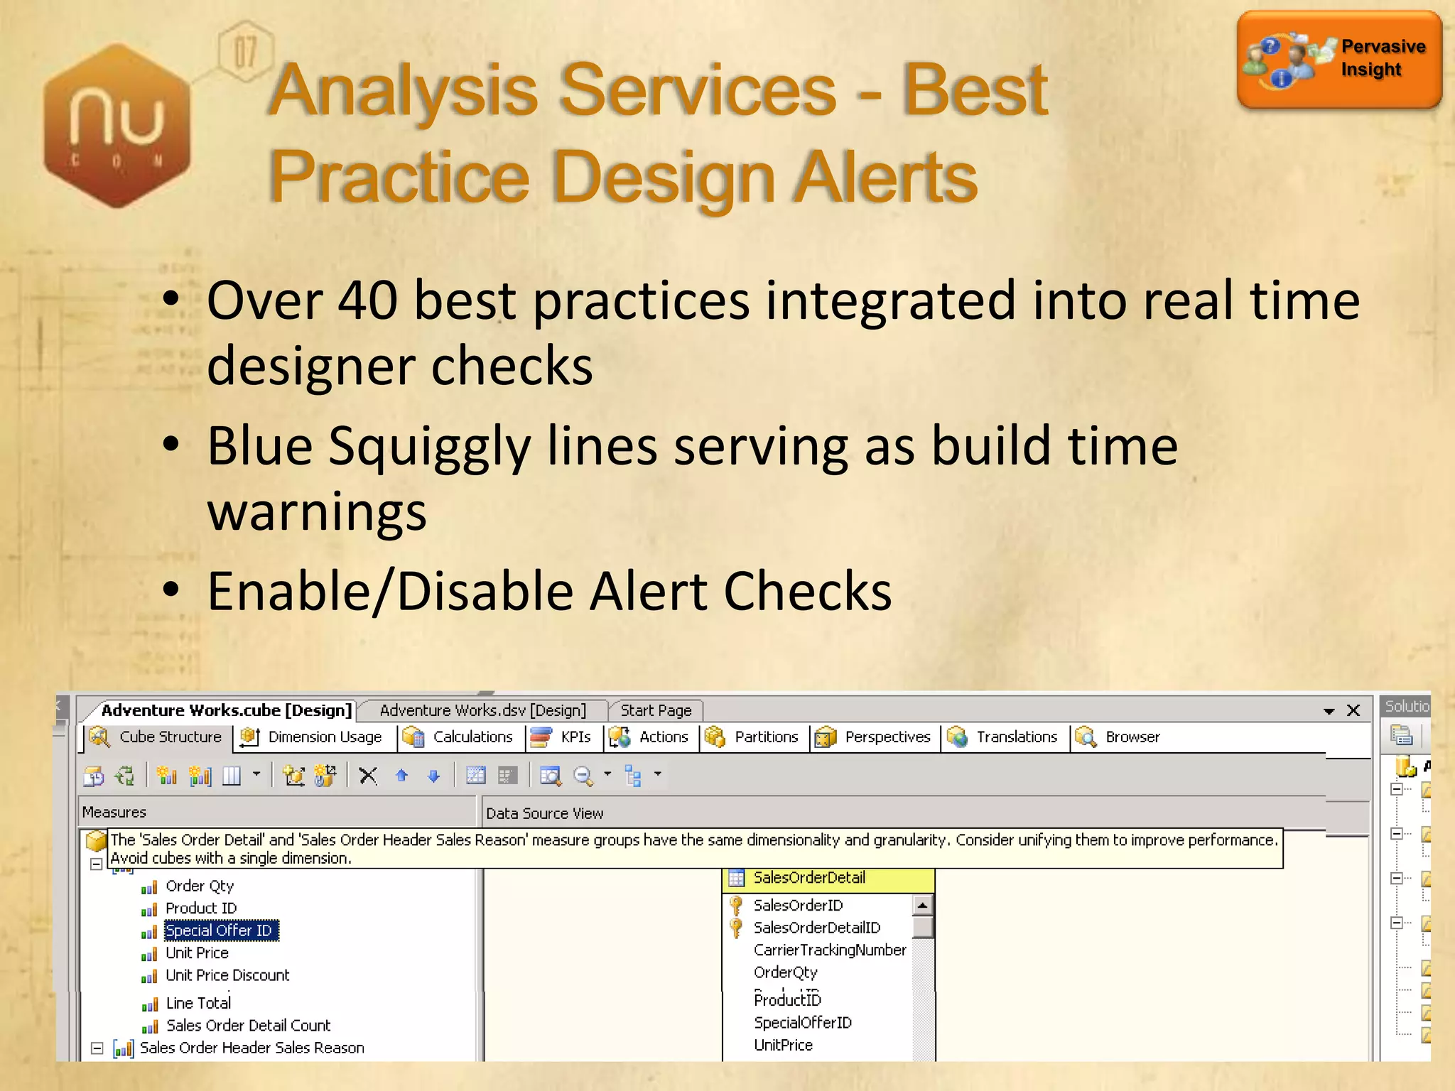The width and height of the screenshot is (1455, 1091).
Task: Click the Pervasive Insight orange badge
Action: pyautogui.click(x=1338, y=60)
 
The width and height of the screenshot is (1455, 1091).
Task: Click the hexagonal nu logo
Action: pyautogui.click(x=117, y=125)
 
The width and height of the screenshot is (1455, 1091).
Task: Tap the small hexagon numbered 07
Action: pyautogui.click(x=245, y=52)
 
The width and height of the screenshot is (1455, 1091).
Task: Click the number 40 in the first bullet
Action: pyautogui.click(x=367, y=301)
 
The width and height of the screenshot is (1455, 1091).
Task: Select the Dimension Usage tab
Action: pyautogui.click(x=324, y=737)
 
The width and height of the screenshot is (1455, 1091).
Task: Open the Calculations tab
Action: pyautogui.click(x=472, y=737)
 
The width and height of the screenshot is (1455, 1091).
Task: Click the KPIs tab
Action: pyautogui.click(x=575, y=737)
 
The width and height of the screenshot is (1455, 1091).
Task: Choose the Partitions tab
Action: pyautogui.click(x=765, y=737)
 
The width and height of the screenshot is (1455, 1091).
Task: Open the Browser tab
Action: pyautogui.click(x=1132, y=737)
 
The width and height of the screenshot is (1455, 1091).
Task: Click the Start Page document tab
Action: pyautogui.click(x=655, y=710)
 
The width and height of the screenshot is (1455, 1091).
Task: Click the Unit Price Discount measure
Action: pyautogui.click(x=227, y=975)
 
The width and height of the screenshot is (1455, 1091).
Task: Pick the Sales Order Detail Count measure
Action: pyautogui.click(x=248, y=1026)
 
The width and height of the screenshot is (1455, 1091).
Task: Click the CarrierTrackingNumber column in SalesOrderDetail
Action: pyautogui.click(x=829, y=950)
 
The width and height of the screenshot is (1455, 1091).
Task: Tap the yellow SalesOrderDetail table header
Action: pyautogui.click(x=828, y=879)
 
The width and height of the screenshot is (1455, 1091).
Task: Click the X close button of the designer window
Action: pyautogui.click(x=1353, y=710)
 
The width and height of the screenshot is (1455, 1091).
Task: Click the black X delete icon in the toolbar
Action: pyautogui.click(x=368, y=776)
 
